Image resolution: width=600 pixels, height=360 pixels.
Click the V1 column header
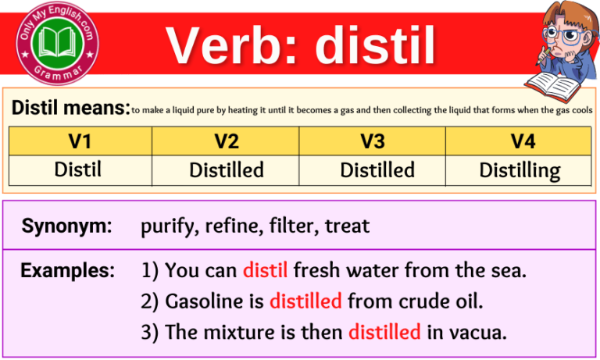coord(80,141)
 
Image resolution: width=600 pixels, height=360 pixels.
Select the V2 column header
coord(226,141)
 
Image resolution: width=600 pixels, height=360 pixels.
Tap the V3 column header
coord(373,141)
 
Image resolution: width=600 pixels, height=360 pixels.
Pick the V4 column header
coord(519,141)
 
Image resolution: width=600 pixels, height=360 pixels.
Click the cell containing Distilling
coord(519,170)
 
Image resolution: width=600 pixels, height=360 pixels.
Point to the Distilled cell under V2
coord(226,170)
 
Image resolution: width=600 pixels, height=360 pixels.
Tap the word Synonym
coord(66,227)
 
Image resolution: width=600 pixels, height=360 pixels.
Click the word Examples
coord(67,271)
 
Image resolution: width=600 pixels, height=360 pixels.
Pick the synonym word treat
coord(347,227)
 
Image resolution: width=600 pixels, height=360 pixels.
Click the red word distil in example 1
coord(266,272)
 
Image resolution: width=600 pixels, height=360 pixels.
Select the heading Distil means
coord(70,109)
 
